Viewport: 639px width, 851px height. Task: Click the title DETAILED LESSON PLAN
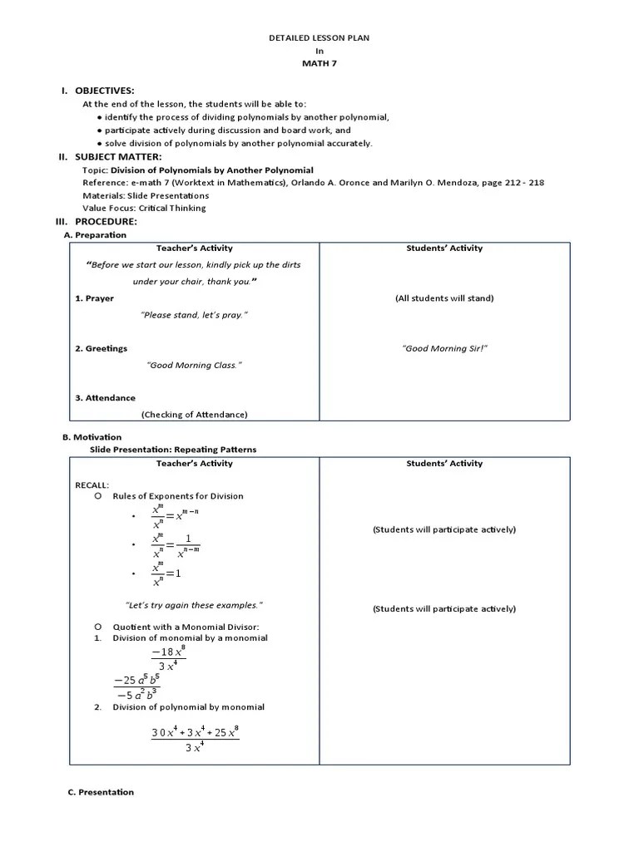pyautogui.click(x=319, y=38)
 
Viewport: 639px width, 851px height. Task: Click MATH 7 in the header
pyautogui.click(x=319, y=63)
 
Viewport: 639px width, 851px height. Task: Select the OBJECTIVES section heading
pyautogui.click(x=104, y=91)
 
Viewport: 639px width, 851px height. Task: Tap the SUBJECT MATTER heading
pyautogui.click(x=118, y=156)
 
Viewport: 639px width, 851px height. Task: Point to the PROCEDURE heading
pyautogui.click(x=106, y=222)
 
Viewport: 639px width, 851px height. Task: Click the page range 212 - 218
pyautogui.click(x=521, y=182)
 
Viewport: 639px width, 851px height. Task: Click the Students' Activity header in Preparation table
pyautogui.click(x=444, y=248)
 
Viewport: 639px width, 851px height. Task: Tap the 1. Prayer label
pyautogui.click(x=95, y=298)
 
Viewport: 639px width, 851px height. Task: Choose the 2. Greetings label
pyautogui.click(x=102, y=348)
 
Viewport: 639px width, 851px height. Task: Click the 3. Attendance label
pyautogui.click(x=105, y=398)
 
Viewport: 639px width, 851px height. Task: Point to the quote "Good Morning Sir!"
pyautogui.click(x=444, y=348)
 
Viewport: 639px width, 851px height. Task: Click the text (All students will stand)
pyautogui.click(x=444, y=298)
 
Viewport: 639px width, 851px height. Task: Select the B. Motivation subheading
pyautogui.click(x=92, y=437)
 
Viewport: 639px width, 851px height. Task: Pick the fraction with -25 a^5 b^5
pyautogui.click(x=136, y=688)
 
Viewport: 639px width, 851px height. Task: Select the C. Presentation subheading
pyautogui.click(x=101, y=792)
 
